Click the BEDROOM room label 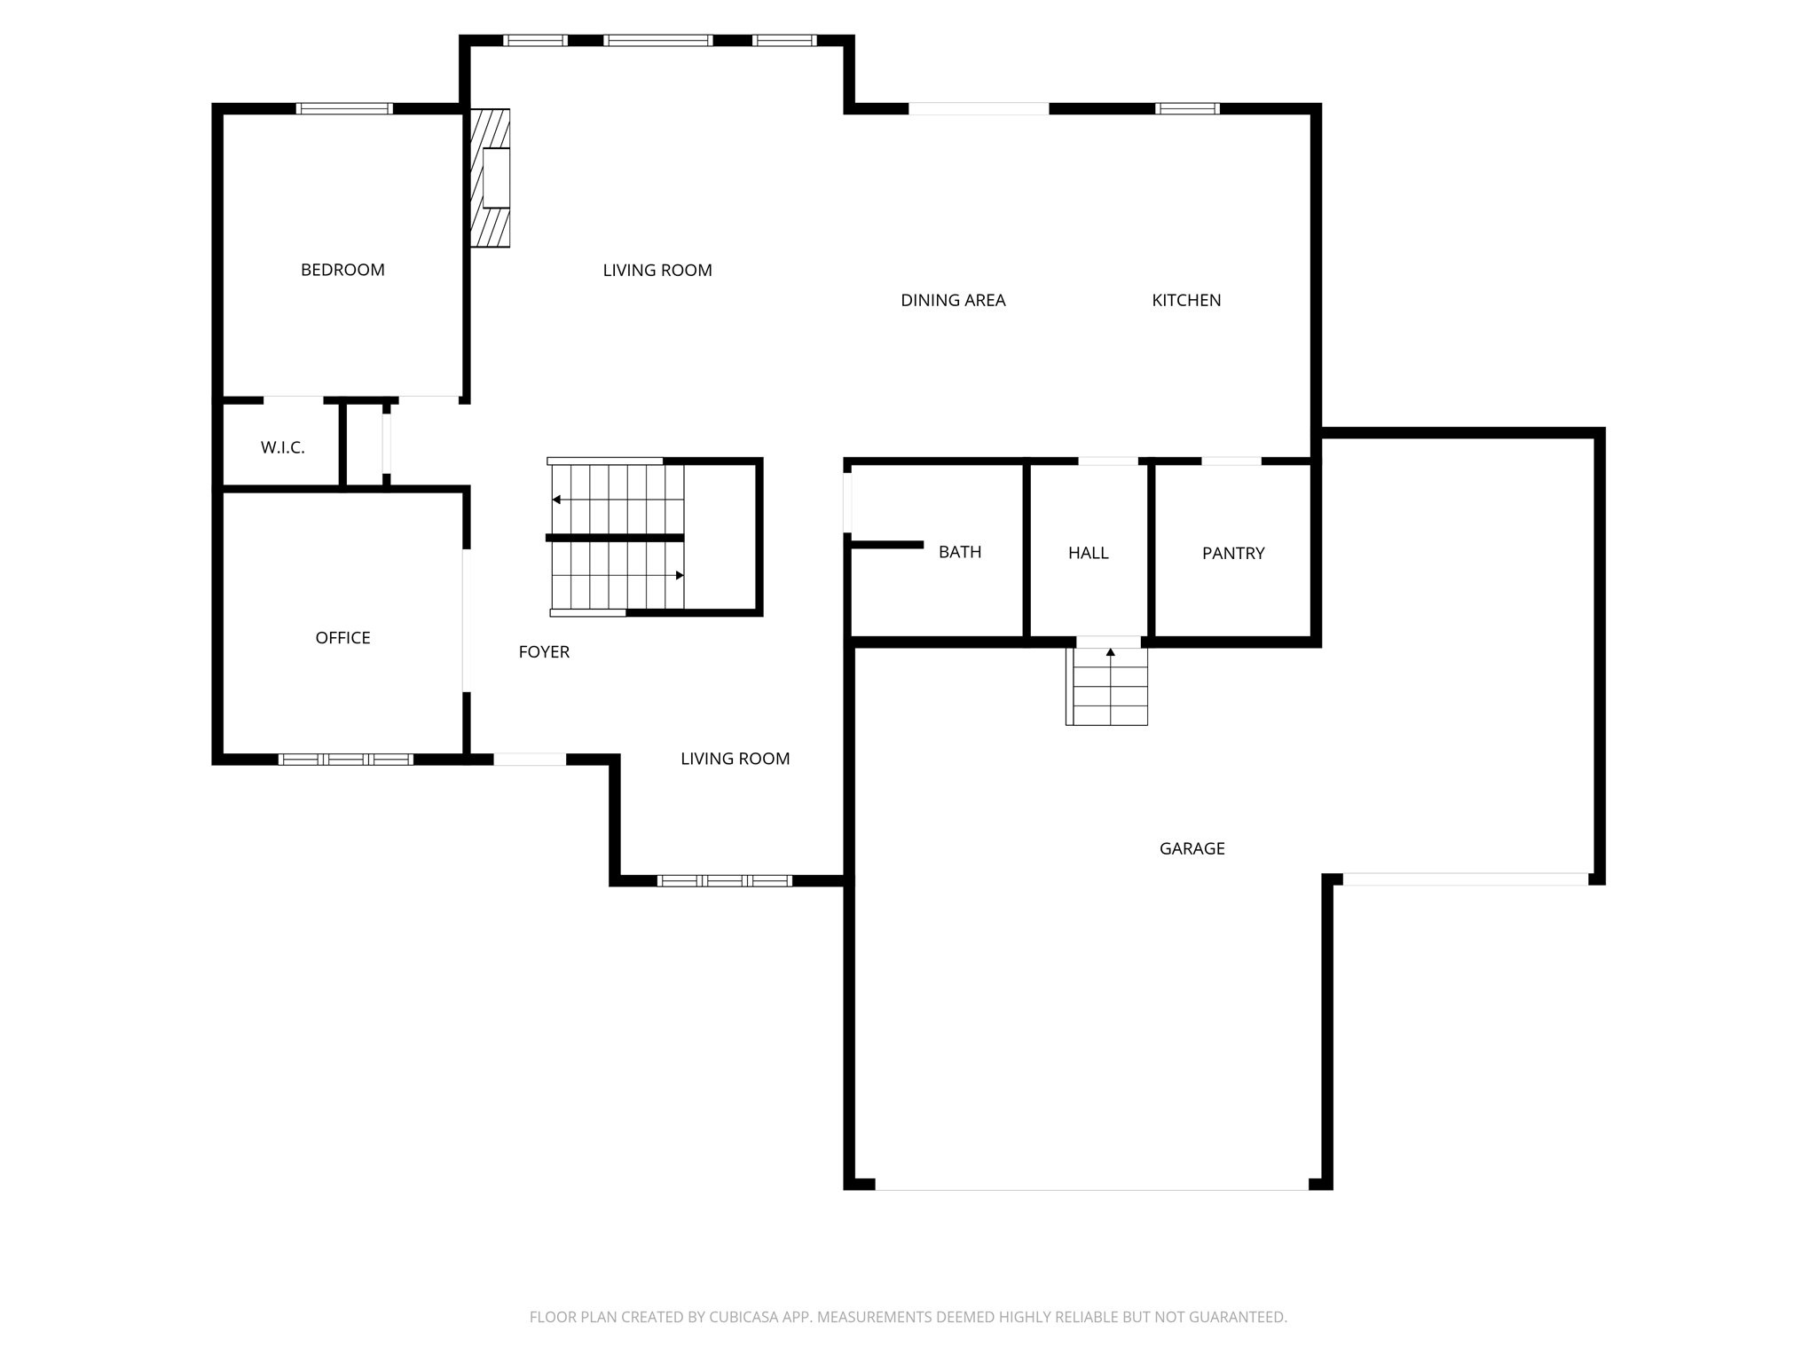(342, 270)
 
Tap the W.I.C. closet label (282, 448)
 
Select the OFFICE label (342, 638)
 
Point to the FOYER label (544, 652)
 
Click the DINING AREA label (953, 301)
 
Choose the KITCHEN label (1186, 301)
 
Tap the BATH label (960, 552)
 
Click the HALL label (1088, 553)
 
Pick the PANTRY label (1232, 554)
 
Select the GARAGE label (1192, 849)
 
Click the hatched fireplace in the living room (491, 177)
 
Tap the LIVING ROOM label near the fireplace (657, 271)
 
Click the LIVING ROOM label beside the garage (735, 759)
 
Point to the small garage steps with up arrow (1107, 686)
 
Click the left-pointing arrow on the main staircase (557, 500)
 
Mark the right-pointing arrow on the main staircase (679, 576)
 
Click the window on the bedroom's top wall (344, 109)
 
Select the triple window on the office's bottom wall (345, 760)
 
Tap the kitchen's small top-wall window (1187, 109)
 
